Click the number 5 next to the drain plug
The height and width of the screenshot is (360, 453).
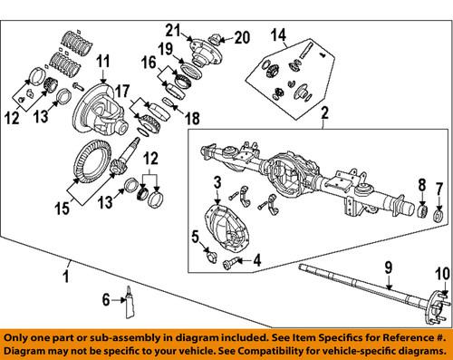[196, 238]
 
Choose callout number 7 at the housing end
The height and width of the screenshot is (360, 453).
[441, 190]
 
